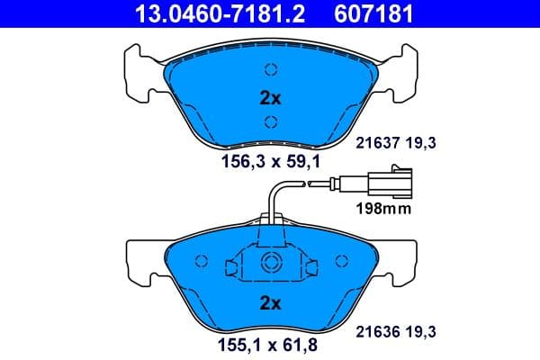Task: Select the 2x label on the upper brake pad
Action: point(269,97)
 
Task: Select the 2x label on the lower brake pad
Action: point(269,302)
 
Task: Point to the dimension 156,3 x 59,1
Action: point(270,162)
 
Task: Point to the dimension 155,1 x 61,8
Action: point(269,342)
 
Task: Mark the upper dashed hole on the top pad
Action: point(269,69)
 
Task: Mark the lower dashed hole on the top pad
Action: point(269,121)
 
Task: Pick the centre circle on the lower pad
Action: point(269,263)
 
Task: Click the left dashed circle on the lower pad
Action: point(202,261)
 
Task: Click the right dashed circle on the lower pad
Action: point(339,261)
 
